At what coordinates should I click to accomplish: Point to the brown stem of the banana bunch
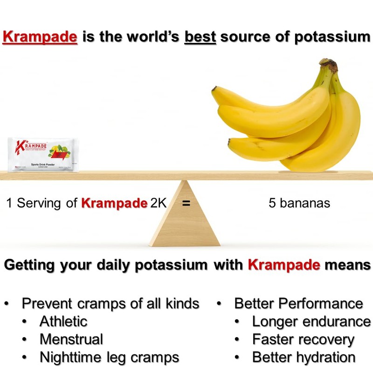pyautogui.click(x=331, y=66)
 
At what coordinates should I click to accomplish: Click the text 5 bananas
pyautogui.click(x=299, y=203)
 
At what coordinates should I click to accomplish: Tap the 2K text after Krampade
pyautogui.click(x=158, y=203)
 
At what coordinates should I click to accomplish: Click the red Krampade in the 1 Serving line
pyautogui.click(x=114, y=203)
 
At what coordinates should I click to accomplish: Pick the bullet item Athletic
pyautogui.click(x=63, y=321)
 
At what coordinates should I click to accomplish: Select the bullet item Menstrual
pyautogui.click(x=71, y=339)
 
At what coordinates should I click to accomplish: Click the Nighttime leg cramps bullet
pyautogui.click(x=109, y=357)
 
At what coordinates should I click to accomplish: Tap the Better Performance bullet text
pyautogui.click(x=298, y=304)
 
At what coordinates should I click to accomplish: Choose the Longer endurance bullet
pyautogui.click(x=311, y=321)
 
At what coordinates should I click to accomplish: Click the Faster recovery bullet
pyautogui.click(x=303, y=339)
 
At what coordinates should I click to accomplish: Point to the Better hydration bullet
pyautogui.click(x=304, y=357)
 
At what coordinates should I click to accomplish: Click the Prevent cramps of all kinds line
pyautogui.click(x=110, y=304)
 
